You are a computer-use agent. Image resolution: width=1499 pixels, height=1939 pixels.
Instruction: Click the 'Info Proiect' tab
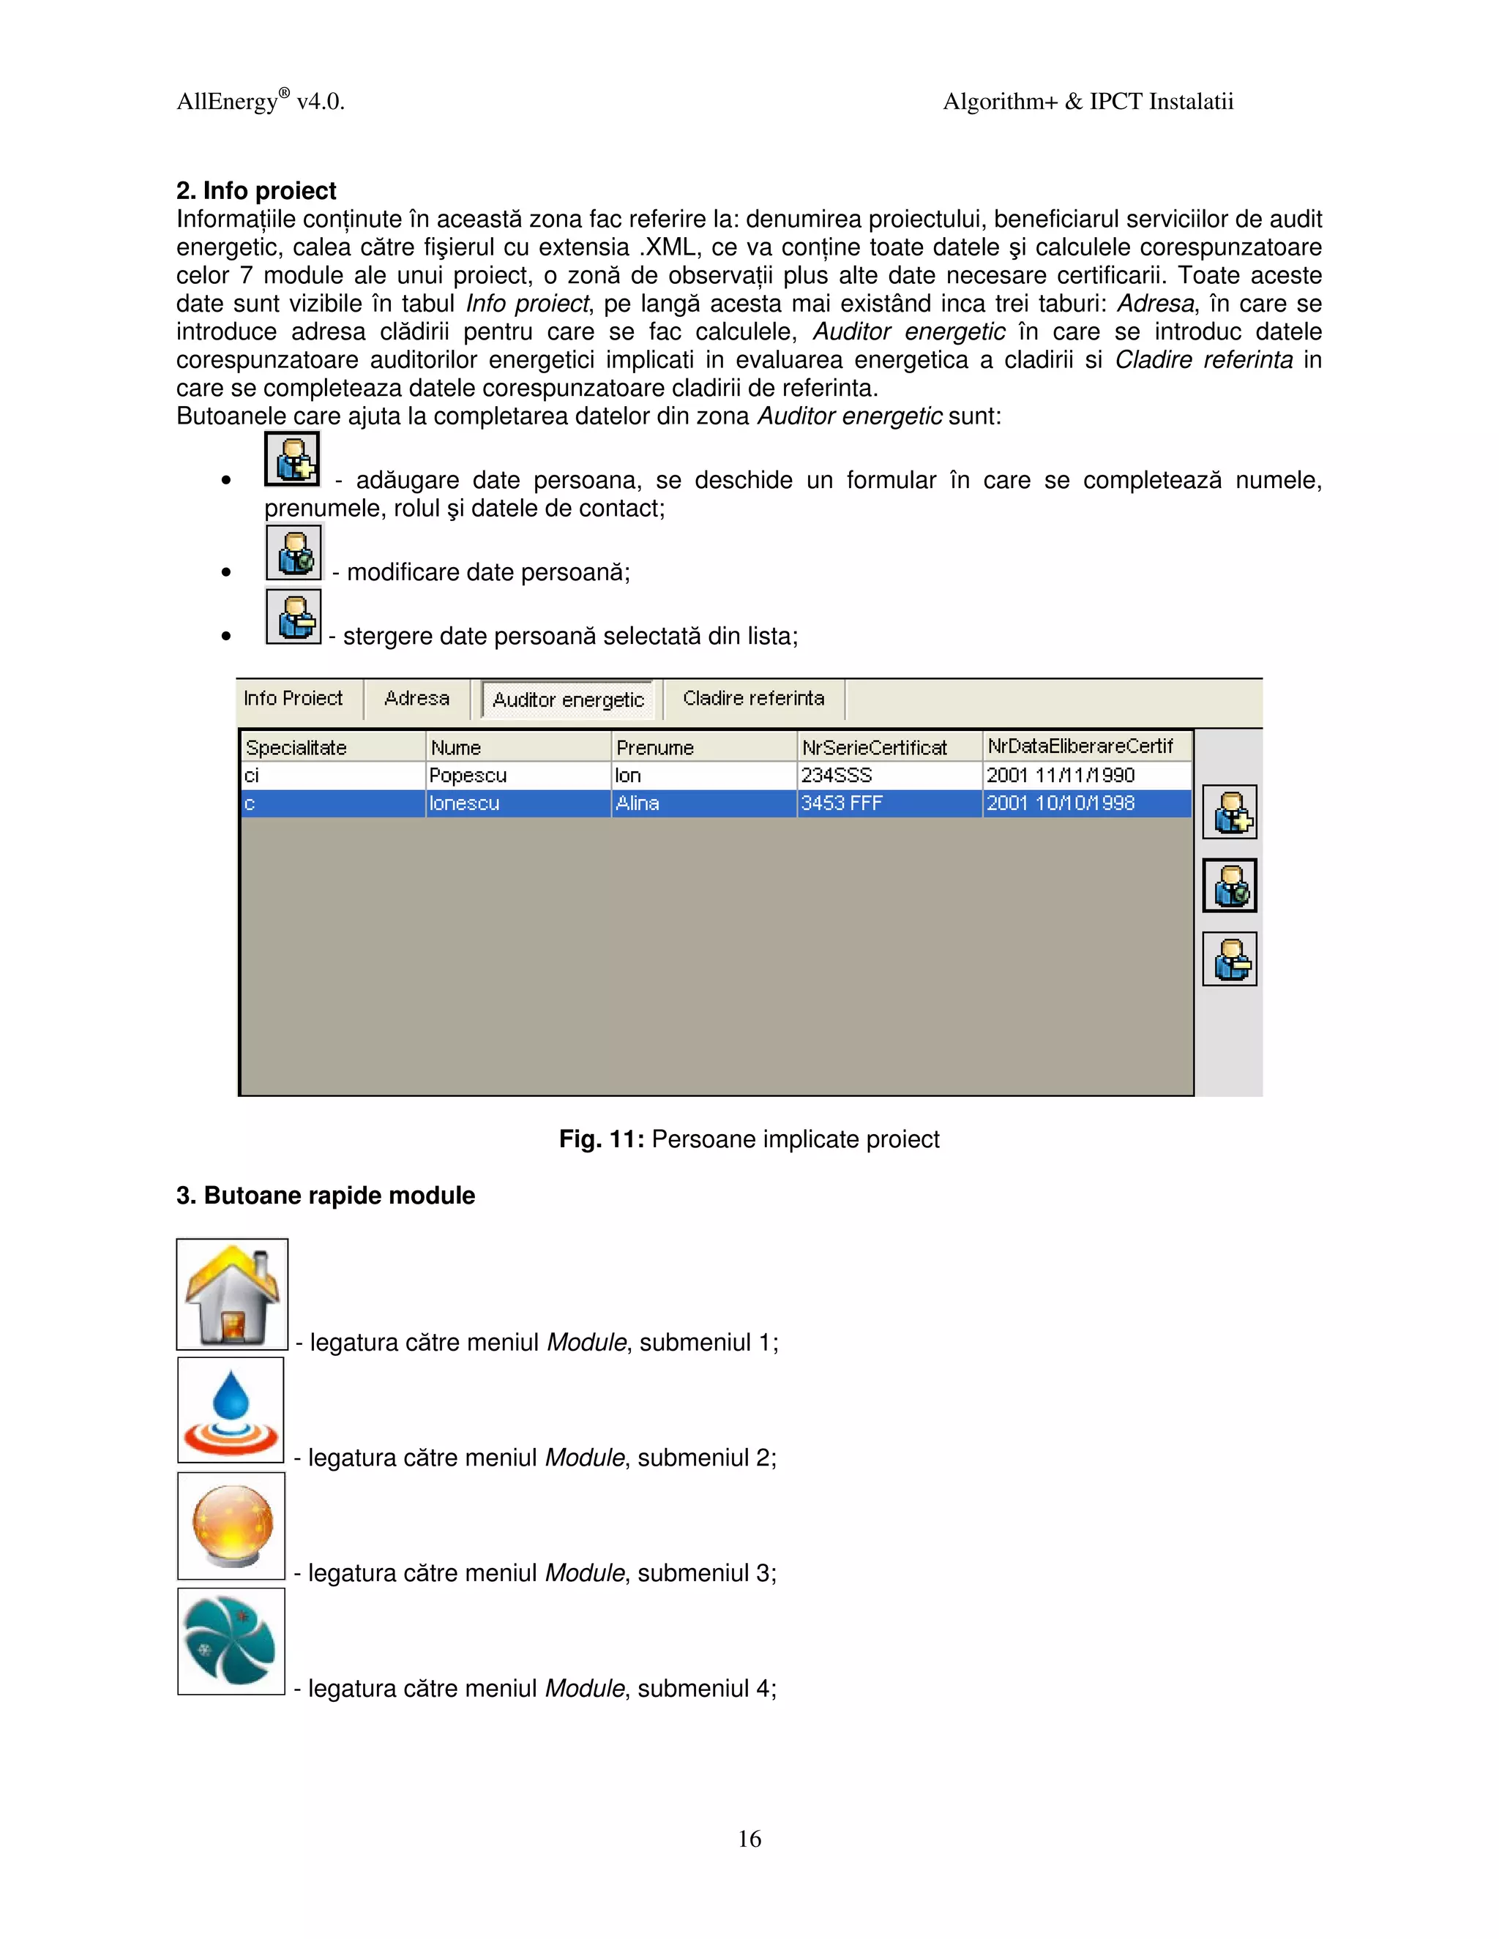click(293, 699)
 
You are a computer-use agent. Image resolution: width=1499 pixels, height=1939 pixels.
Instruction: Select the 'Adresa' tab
click(416, 699)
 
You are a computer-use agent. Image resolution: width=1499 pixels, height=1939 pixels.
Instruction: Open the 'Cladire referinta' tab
click(753, 699)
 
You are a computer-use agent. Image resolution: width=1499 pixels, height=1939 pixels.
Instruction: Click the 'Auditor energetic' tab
click(567, 700)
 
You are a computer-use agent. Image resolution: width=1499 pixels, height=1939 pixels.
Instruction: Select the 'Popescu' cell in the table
click(468, 775)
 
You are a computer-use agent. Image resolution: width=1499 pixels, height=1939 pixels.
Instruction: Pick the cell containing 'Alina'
click(638, 803)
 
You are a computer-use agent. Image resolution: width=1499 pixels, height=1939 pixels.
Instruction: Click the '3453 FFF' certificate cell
click(842, 803)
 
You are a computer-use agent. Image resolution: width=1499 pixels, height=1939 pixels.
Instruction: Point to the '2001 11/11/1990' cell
click(1061, 775)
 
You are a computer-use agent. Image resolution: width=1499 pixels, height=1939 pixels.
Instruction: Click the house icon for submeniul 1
click(232, 1294)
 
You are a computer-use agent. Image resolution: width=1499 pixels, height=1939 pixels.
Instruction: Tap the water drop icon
click(231, 1410)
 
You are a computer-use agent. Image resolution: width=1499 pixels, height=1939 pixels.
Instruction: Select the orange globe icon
click(231, 1526)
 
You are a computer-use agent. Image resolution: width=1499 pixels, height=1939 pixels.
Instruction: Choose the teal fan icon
click(231, 1640)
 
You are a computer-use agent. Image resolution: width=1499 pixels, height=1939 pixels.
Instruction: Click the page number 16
click(749, 1839)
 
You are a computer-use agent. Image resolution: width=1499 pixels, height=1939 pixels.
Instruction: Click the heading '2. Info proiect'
click(255, 191)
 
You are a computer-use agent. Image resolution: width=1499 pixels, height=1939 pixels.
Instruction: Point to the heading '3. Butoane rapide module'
click(325, 1196)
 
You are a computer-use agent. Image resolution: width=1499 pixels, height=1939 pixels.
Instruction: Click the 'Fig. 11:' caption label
click(601, 1139)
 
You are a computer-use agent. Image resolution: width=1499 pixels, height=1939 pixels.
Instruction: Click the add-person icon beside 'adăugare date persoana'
click(292, 459)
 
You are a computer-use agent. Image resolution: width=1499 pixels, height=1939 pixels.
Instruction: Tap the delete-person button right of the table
click(1229, 959)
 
